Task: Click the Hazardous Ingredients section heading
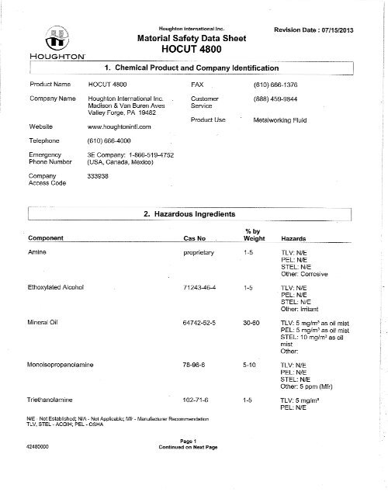(190, 213)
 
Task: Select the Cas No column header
(193, 238)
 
